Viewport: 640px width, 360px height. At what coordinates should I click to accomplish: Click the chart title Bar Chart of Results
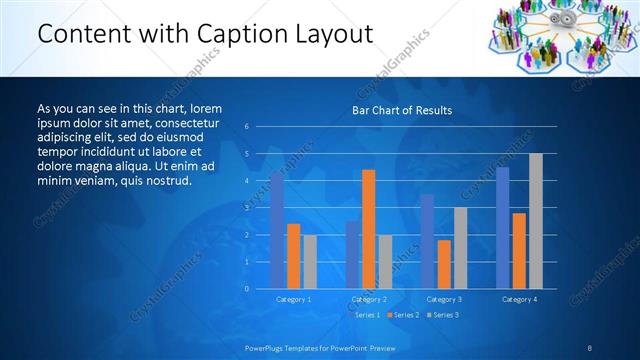[401, 110]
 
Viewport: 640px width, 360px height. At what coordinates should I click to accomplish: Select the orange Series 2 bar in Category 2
[369, 229]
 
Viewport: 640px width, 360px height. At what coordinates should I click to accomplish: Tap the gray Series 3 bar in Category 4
[536, 221]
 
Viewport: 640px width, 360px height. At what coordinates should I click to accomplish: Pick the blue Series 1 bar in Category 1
[277, 230]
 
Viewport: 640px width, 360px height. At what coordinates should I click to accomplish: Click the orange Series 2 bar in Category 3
[444, 264]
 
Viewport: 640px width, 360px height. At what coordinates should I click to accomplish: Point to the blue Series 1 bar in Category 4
[503, 227]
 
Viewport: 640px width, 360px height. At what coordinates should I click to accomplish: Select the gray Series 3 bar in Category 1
[310, 261]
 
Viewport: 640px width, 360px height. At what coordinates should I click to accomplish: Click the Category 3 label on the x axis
[444, 299]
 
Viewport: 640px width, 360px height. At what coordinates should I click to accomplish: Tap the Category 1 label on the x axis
[294, 299]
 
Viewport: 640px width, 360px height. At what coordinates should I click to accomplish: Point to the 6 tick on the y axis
[247, 127]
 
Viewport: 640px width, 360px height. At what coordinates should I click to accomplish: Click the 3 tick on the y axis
[247, 208]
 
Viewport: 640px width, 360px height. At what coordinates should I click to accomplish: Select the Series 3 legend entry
[444, 315]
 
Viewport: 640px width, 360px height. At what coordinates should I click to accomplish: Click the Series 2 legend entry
[404, 315]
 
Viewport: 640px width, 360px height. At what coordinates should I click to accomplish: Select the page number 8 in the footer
[589, 347]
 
